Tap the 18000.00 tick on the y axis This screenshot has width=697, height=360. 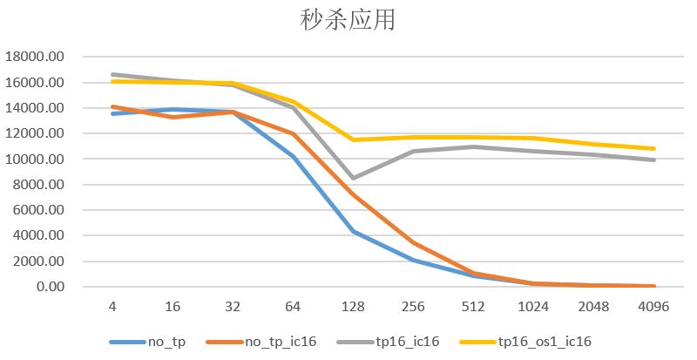pyautogui.click(x=36, y=58)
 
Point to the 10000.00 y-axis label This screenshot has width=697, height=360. pyautogui.click(x=36, y=160)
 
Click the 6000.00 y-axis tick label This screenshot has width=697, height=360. pyautogui.click(x=39, y=210)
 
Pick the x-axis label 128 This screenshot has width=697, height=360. pyautogui.click(x=354, y=307)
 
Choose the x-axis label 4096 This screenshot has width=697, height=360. pyautogui.click(x=653, y=307)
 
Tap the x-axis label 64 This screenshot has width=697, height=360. pyautogui.click(x=294, y=307)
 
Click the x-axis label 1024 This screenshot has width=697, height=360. pyautogui.click(x=534, y=307)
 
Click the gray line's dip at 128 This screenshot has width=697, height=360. pyautogui.click(x=354, y=178)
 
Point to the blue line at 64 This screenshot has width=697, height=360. pyautogui.click(x=294, y=157)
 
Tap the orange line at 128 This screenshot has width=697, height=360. pyautogui.click(x=354, y=194)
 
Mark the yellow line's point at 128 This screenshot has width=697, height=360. pyautogui.click(x=354, y=139)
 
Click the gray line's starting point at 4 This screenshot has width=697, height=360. pyautogui.click(x=113, y=75)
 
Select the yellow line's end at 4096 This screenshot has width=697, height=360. pyautogui.click(x=653, y=148)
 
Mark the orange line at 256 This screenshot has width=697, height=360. pyautogui.click(x=414, y=243)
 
